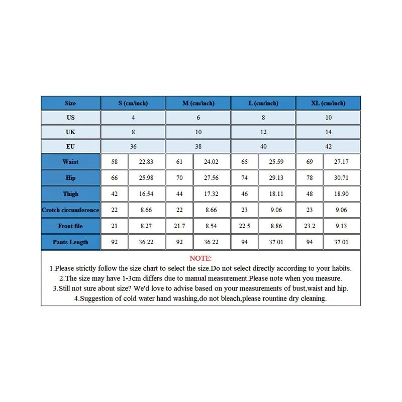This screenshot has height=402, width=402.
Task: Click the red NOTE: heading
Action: click(200, 258)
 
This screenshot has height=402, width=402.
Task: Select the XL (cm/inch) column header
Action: click(328, 103)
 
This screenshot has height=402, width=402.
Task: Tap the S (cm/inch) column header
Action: click(133, 103)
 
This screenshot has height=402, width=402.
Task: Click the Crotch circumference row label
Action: click(70, 210)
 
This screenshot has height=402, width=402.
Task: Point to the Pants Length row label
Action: click(70, 242)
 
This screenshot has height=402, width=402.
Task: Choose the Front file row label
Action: click(70, 226)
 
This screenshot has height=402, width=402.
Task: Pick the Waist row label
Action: click(70, 162)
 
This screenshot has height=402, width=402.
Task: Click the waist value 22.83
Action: click(147, 162)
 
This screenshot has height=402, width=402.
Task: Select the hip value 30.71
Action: click(342, 178)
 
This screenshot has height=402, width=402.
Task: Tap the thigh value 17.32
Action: click(212, 194)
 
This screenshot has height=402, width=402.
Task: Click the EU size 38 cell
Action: click(198, 146)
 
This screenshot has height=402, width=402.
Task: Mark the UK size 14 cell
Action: click(328, 132)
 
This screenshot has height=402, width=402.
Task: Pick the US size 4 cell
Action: click(133, 118)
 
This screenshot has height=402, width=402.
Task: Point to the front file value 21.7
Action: click(179, 226)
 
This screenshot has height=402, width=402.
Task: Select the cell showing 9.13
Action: click(342, 226)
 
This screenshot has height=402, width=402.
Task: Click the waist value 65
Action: click(245, 162)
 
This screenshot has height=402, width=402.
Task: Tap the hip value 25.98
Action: click(147, 178)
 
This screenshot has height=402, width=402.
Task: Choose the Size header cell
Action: click(70, 103)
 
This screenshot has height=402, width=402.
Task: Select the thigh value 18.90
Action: click(342, 194)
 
